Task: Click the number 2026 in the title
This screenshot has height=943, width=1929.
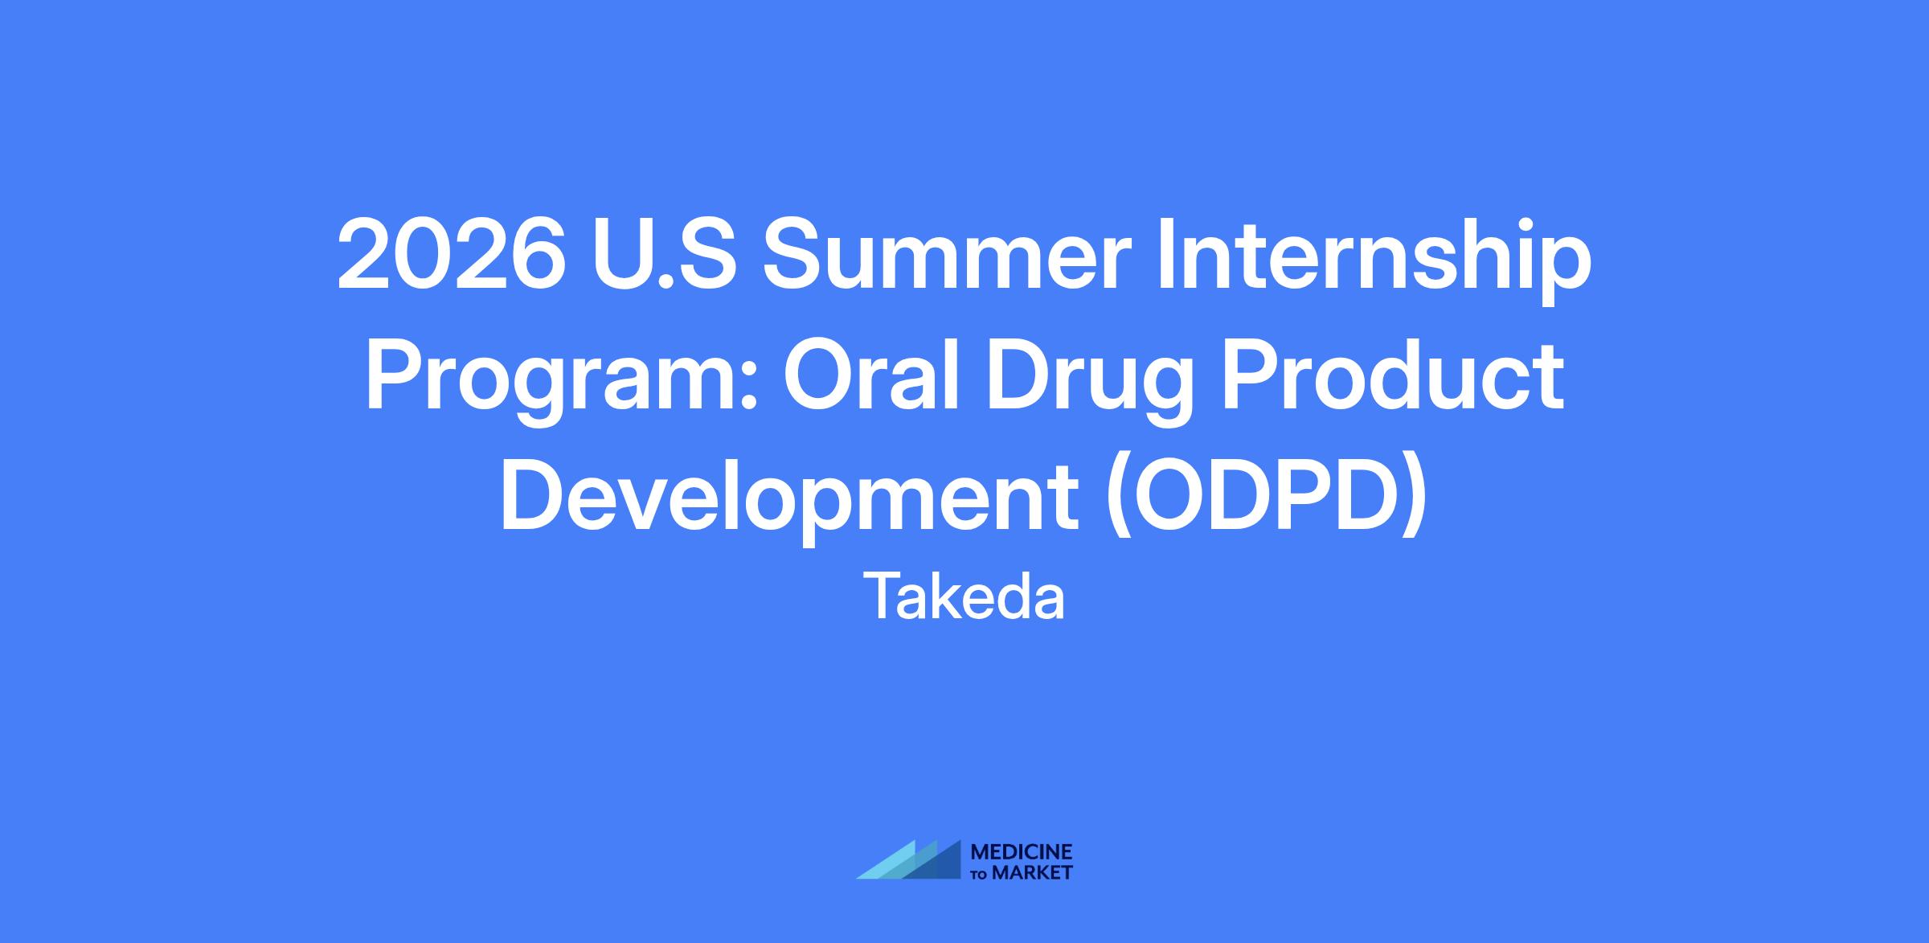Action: pyautogui.click(x=452, y=255)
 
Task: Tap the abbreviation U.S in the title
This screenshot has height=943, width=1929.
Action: pyautogui.click(x=663, y=255)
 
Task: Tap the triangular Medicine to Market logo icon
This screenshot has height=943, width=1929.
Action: pyautogui.click(x=908, y=859)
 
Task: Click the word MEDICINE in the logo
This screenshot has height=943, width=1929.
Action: pyautogui.click(x=1022, y=851)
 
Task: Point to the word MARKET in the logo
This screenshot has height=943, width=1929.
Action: pyautogui.click(x=1032, y=872)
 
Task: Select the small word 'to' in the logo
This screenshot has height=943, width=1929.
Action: pyautogui.click(x=980, y=873)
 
